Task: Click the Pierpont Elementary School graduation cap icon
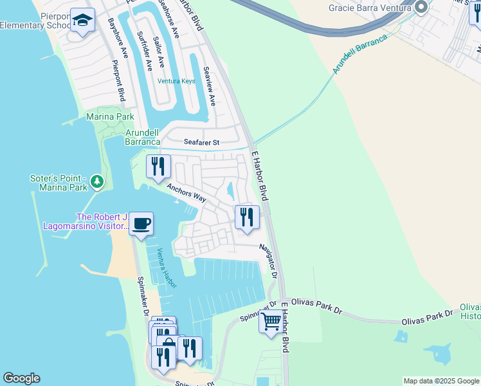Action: click(82, 21)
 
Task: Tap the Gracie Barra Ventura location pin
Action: click(421, 8)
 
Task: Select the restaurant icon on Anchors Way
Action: click(158, 167)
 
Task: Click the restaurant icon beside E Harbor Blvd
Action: click(247, 217)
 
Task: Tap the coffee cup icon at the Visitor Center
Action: click(141, 224)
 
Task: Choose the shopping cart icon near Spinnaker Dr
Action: click(271, 320)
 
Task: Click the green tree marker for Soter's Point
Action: click(97, 182)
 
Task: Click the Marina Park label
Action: click(111, 117)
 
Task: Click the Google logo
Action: click(21, 378)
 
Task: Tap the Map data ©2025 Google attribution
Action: click(442, 381)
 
